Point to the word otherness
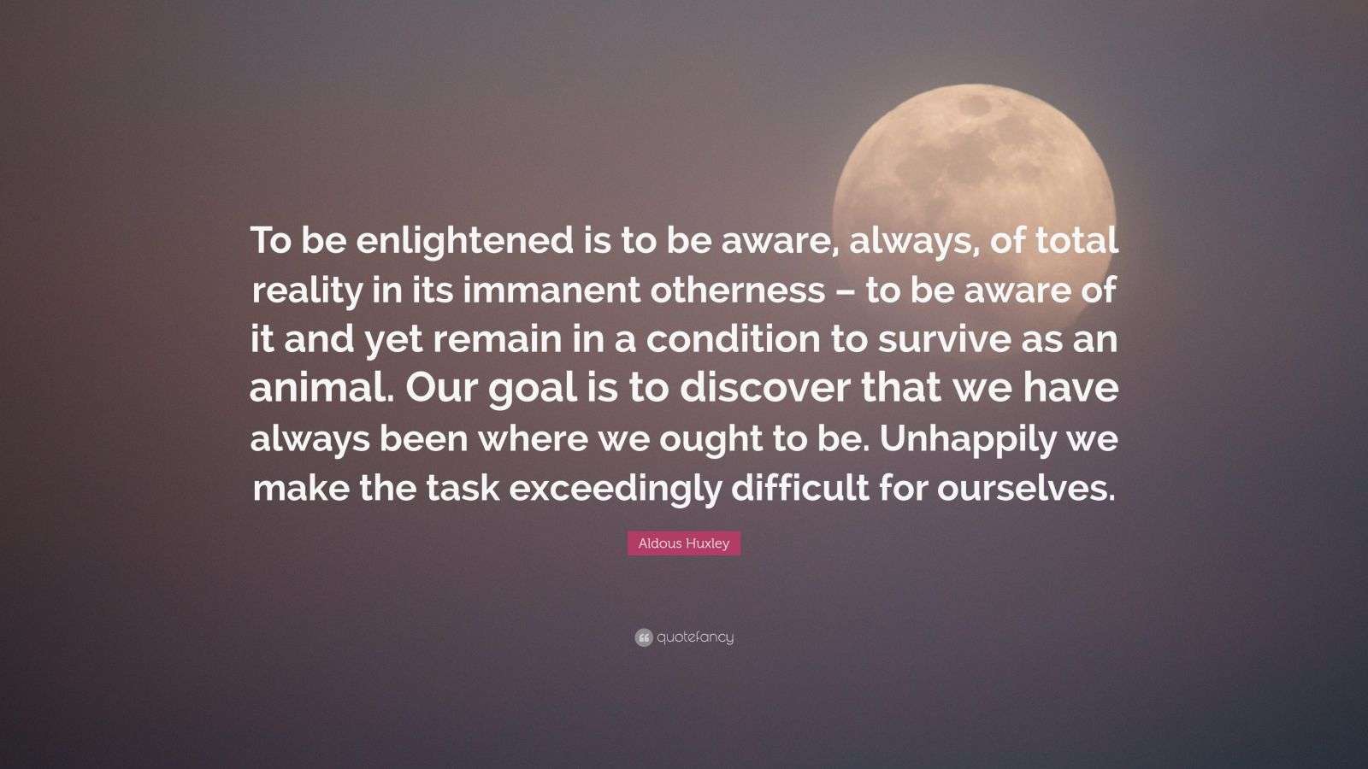click(737, 291)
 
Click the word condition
click(733, 340)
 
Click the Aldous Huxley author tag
click(684, 543)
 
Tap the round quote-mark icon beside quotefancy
click(644, 637)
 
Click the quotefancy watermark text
click(695, 637)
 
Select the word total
click(1076, 242)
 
